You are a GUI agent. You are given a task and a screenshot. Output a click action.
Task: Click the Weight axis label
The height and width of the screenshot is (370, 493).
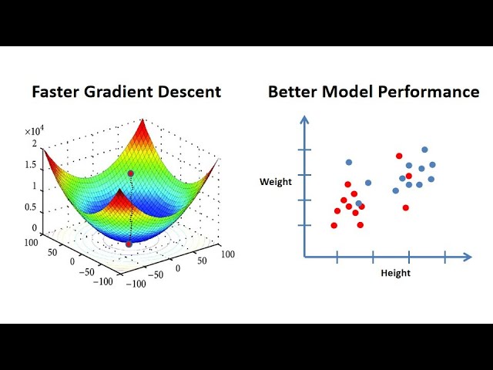[275, 182]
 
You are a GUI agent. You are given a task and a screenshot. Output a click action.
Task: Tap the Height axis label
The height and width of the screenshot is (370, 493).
[396, 273]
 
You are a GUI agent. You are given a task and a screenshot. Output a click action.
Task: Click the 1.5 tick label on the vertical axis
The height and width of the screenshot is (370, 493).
[30, 165]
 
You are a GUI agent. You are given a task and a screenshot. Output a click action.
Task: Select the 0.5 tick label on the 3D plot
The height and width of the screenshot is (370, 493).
[30, 207]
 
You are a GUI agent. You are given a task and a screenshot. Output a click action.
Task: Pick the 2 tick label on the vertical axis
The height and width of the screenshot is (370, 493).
[35, 143]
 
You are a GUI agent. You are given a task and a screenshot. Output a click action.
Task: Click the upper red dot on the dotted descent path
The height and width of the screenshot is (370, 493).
[130, 173]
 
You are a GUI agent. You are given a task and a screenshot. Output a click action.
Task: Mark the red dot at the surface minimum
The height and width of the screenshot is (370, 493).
[129, 244]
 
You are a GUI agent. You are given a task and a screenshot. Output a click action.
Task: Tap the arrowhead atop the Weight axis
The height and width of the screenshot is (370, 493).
[305, 119]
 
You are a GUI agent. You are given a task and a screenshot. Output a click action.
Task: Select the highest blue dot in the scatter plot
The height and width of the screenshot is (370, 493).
[424, 150]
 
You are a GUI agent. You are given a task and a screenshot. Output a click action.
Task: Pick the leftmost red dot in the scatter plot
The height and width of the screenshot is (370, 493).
[334, 225]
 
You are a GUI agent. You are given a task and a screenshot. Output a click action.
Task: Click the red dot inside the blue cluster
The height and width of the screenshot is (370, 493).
[408, 176]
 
